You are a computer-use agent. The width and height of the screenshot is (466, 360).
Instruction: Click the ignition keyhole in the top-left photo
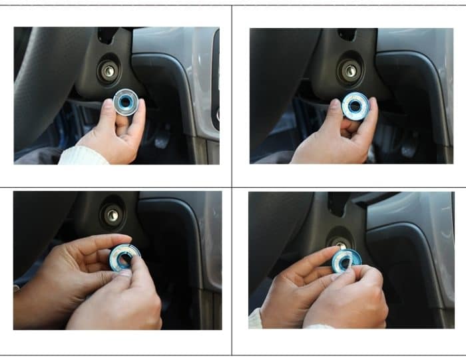coord(109,69)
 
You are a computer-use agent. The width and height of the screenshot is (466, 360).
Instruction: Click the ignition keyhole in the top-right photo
coord(349,69)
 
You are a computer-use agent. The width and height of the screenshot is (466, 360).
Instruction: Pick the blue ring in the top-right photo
coord(355,106)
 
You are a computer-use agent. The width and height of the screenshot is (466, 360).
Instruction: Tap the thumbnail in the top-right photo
coord(336,105)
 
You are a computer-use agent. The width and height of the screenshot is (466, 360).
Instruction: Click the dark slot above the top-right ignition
coord(346,34)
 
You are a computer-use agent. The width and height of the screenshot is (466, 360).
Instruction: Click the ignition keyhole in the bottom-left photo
coord(113,214)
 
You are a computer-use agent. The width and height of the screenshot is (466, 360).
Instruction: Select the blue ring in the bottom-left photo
coord(124,257)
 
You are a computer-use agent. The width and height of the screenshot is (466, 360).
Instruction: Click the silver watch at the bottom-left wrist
coord(16,288)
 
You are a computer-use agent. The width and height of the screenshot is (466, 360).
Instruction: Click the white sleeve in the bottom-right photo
coord(256,318)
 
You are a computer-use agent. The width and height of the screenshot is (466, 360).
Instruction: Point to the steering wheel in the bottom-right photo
coord(273,240)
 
